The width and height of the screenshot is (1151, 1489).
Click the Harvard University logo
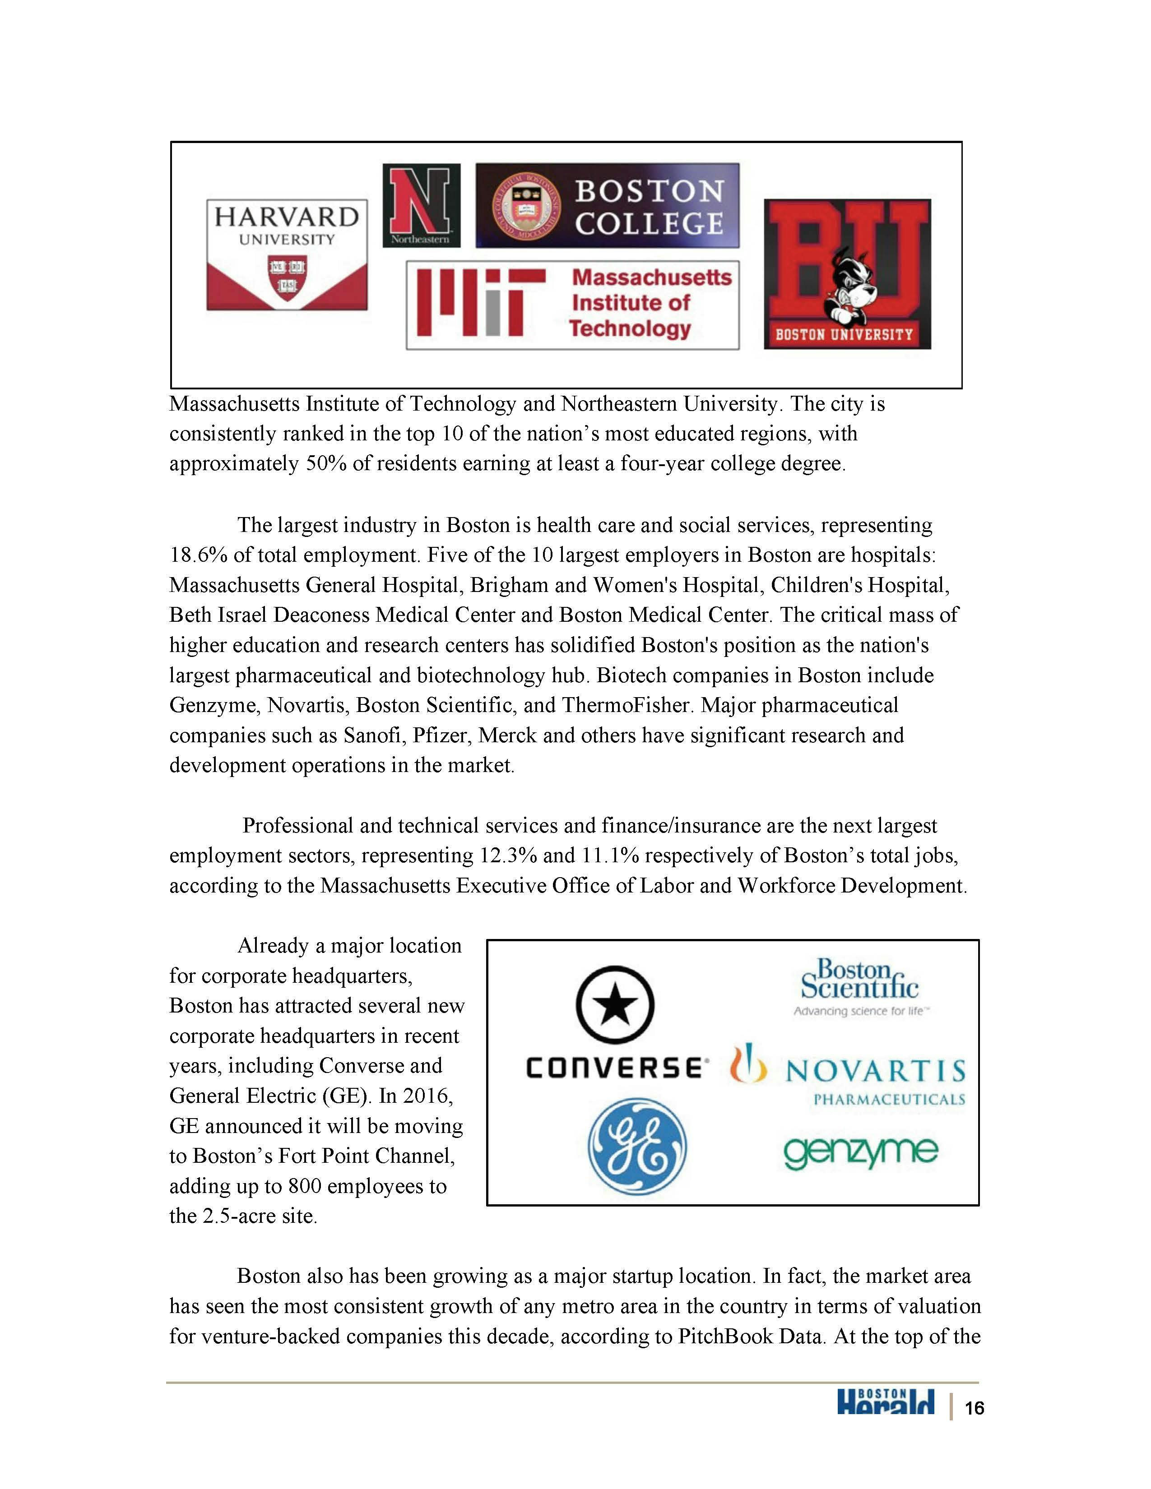pyautogui.click(x=287, y=254)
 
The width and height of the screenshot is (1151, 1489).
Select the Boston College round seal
pyautogui.click(x=526, y=205)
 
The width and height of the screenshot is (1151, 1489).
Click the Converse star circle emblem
pyautogui.click(x=615, y=1004)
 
